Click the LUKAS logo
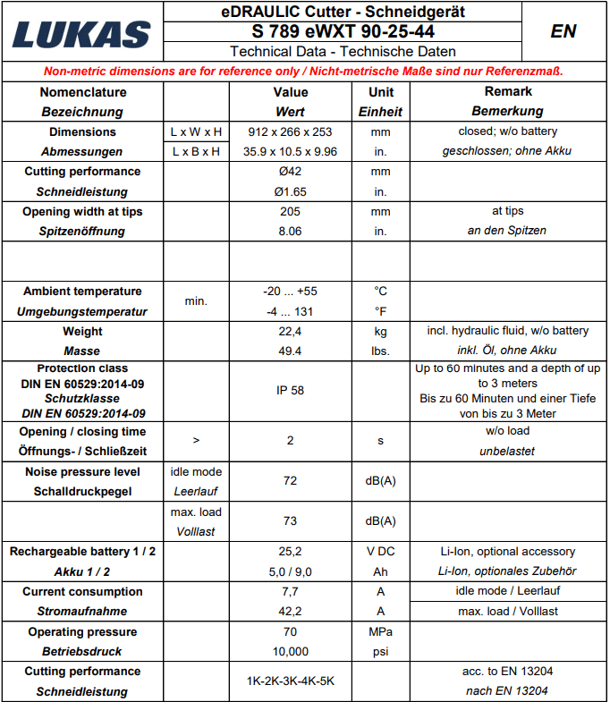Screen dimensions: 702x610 pyautogui.click(x=81, y=32)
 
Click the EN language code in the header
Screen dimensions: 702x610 pyautogui.click(x=563, y=31)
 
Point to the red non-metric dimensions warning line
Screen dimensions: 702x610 pyautogui.click(x=304, y=71)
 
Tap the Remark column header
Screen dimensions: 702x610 pyautogui.click(x=507, y=91)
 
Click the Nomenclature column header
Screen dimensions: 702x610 pyautogui.click(x=82, y=92)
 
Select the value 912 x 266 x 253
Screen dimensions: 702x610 pyautogui.click(x=290, y=131)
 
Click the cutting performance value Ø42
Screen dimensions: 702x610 pyautogui.click(x=290, y=171)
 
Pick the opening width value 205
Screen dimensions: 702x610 pyautogui.click(x=290, y=211)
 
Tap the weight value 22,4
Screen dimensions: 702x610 pyautogui.click(x=290, y=331)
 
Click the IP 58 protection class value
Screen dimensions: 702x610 pyautogui.click(x=290, y=391)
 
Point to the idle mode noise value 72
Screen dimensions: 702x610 pyautogui.click(x=290, y=481)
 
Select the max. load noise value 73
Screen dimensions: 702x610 pyautogui.click(x=290, y=521)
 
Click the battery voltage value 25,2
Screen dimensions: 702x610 pyautogui.click(x=290, y=551)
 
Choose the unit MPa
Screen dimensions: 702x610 pyautogui.click(x=380, y=631)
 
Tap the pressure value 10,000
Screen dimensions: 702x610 pyautogui.click(x=290, y=651)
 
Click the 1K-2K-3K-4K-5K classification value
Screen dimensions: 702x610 pyautogui.click(x=290, y=681)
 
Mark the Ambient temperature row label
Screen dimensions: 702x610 pyautogui.click(x=82, y=291)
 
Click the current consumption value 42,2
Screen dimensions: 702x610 pyautogui.click(x=290, y=611)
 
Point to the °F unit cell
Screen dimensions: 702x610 pyautogui.click(x=380, y=311)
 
